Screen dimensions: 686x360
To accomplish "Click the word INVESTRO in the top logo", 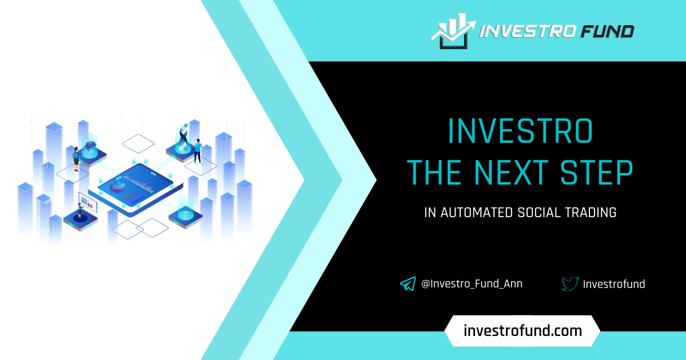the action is tap(527, 31).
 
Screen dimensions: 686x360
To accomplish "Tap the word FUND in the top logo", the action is tap(608, 31).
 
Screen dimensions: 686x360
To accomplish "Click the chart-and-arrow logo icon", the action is tap(453, 31).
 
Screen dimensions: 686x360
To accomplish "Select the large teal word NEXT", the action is tap(511, 173).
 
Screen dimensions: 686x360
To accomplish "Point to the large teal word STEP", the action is tap(597, 173).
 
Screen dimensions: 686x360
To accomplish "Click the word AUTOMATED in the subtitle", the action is tap(477, 213).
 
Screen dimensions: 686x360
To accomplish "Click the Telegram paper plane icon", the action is tap(408, 284).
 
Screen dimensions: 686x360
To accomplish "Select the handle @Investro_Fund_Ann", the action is tap(472, 284).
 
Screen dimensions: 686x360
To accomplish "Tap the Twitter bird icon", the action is tap(571, 284).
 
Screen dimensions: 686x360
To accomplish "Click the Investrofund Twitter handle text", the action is tap(614, 284).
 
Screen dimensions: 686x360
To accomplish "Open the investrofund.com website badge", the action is tap(523, 331).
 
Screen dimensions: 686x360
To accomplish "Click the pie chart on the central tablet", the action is tap(117, 186).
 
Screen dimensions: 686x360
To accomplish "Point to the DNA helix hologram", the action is tap(183, 137).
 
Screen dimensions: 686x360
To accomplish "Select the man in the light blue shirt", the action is tap(198, 151).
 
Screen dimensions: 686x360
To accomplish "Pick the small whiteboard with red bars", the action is tap(88, 202).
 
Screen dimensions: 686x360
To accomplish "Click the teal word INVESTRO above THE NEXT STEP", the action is tap(520, 131).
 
